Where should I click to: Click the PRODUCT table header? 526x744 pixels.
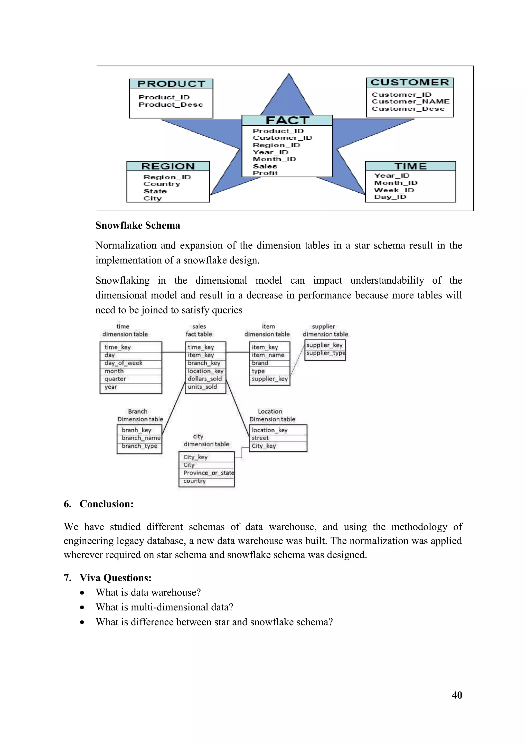tap(171, 83)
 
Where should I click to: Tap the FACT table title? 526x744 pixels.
tap(287, 120)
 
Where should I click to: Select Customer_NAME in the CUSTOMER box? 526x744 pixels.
tap(410, 101)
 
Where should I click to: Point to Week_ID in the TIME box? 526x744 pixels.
tap(394, 190)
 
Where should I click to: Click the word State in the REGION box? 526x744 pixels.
tap(155, 191)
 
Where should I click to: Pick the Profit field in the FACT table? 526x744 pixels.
tap(265, 173)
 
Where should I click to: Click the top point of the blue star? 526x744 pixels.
tap(289, 76)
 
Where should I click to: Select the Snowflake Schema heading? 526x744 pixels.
tap(138, 225)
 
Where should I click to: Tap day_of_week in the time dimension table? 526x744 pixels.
tap(123, 363)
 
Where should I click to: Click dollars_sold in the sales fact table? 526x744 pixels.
tap(205, 379)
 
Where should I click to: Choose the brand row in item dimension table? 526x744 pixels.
tap(260, 363)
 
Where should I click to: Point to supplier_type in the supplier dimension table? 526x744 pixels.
tap(325, 353)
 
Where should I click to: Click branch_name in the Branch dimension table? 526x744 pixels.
tap(141, 438)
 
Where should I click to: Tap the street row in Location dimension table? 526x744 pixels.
tap(260, 438)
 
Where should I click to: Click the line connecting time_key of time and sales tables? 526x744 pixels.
tap(173, 352)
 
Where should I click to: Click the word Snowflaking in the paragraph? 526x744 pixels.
tap(123, 280)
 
